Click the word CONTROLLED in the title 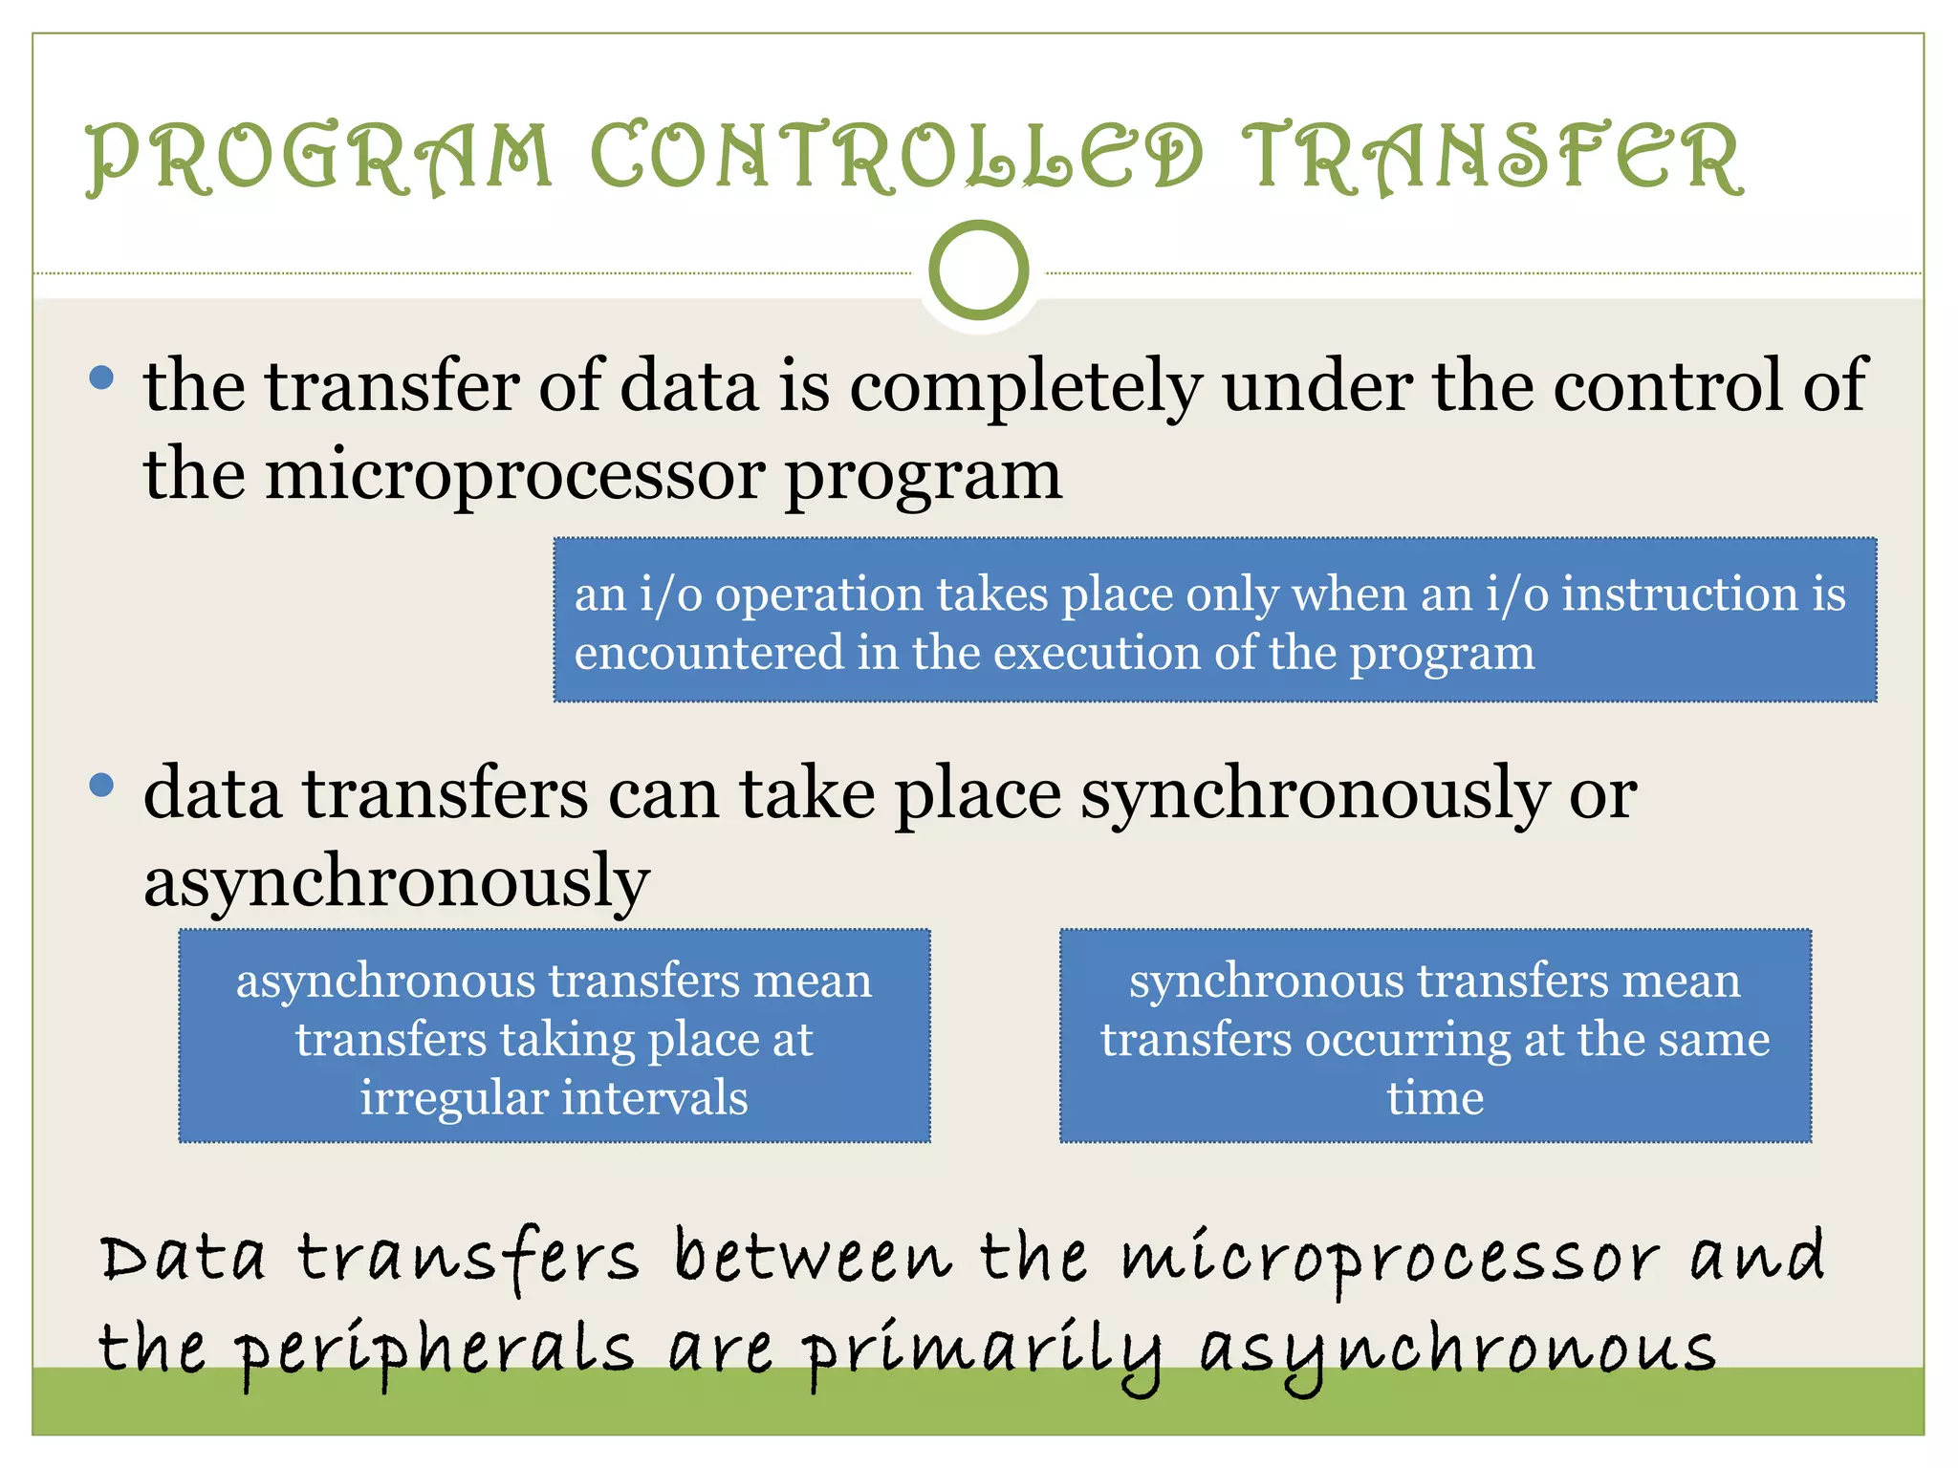896,158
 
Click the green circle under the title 978,270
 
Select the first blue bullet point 101,377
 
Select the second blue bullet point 101,786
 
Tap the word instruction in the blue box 1680,594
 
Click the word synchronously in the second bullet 1315,795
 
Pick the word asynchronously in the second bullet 397,882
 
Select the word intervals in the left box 655,1097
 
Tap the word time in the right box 1435,1097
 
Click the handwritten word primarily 982,1350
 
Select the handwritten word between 814,1257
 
